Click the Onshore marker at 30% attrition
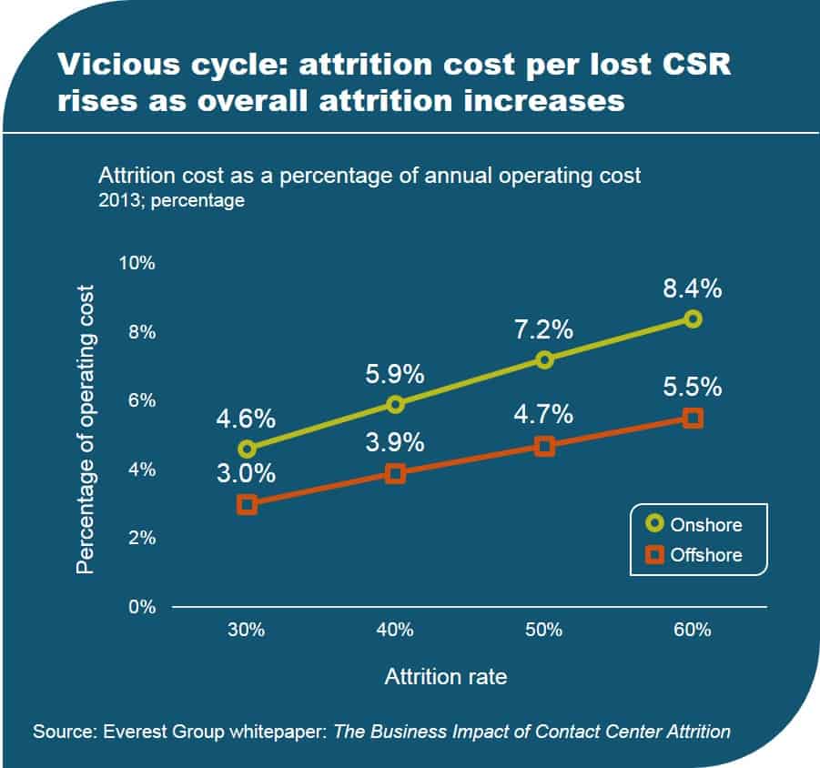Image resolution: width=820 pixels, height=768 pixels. tap(247, 449)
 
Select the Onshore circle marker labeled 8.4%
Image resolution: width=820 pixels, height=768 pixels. tap(693, 318)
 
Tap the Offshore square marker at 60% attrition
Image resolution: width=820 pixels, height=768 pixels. tap(693, 418)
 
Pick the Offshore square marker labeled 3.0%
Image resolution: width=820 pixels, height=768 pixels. tap(247, 504)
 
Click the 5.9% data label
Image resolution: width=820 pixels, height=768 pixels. tap(395, 373)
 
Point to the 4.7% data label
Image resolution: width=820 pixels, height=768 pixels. tap(543, 414)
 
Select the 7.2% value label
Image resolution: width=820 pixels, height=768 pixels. tap(543, 329)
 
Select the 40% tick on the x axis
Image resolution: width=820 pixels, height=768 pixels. tap(395, 630)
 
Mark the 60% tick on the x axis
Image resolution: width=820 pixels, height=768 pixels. tap(693, 630)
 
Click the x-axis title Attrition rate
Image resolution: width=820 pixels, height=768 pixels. tap(446, 677)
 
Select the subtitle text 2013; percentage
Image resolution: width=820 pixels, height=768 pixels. tap(171, 200)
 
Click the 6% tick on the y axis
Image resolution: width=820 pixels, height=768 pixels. tap(141, 401)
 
